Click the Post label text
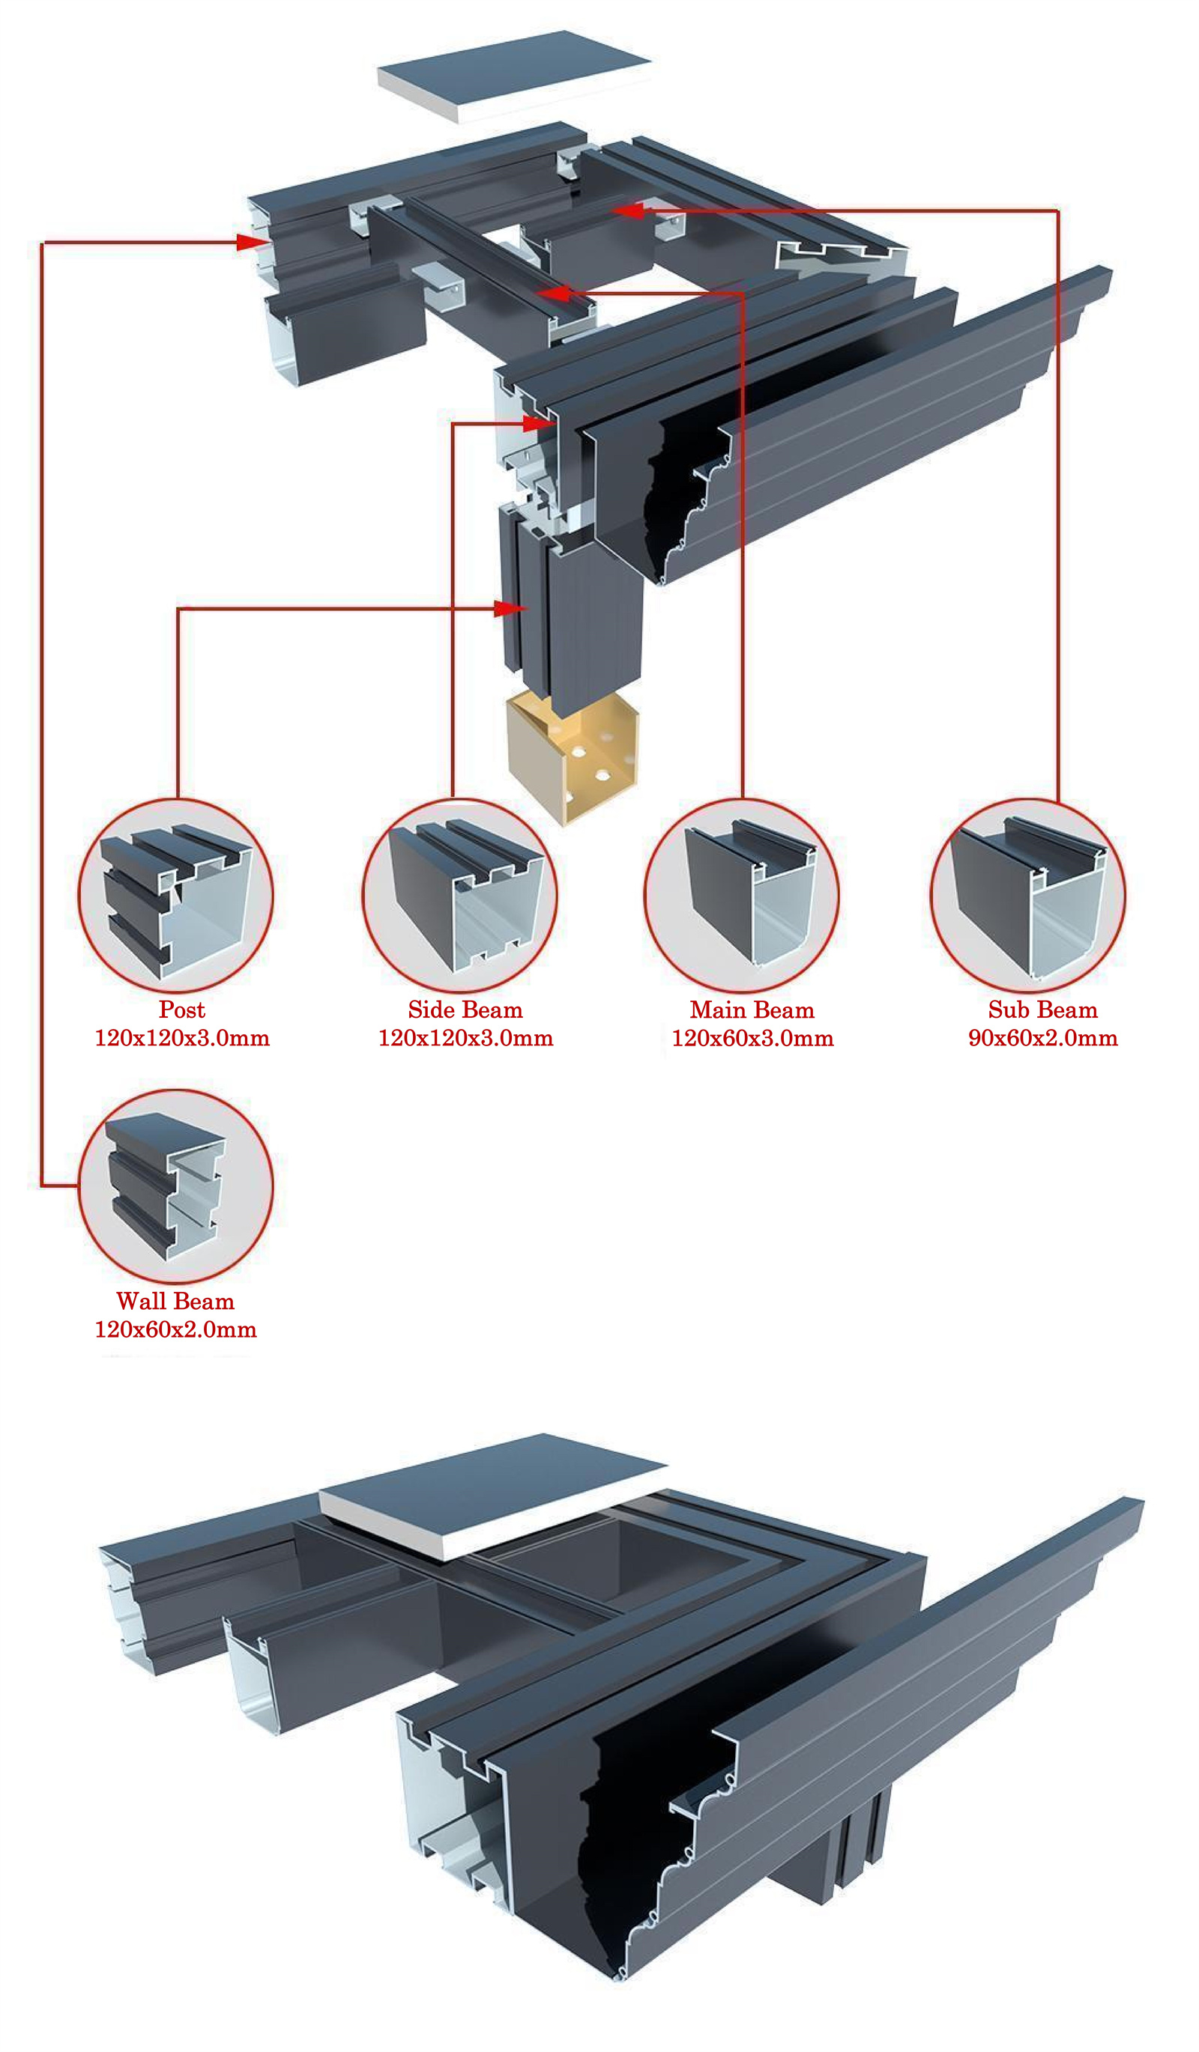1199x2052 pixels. pyautogui.click(x=181, y=1010)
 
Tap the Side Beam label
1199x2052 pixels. pyautogui.click(x=465, y=1010)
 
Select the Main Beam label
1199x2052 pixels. pyautogui.click(x=752, y=1010)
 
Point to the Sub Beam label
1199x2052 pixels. pyautogui.click(x=1042, y=1010)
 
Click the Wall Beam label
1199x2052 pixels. pyautogui.click(x=175, y=1302)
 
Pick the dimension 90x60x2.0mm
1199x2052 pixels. pyautogui.click(x=1042, y=1038)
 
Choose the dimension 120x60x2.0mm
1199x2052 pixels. pyautogui.click(x=175, y=1330)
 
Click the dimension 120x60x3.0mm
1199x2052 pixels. pyautogui.click(x=752, y=1038)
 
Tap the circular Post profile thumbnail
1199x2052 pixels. pyautogui.click(x=176, y=896)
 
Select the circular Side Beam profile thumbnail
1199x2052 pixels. pyautogui.click(x=459, y=896)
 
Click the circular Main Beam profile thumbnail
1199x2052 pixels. pyautogui.click(x=741, y=896)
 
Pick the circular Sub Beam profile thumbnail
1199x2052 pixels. pyautogui.click(x=1027, y=896)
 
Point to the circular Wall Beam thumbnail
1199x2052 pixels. pyautogui.click(x=176, y=1186)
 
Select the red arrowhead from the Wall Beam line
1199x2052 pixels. pyautogui.click(x=251, y=242)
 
